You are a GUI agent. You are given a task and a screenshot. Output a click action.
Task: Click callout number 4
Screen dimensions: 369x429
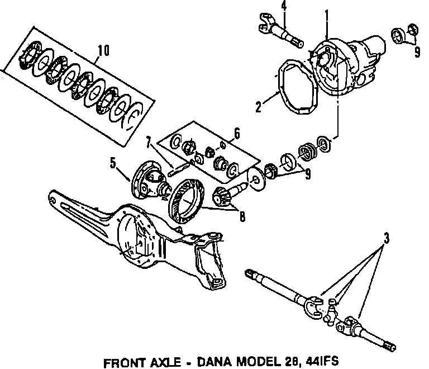point(284,6)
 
